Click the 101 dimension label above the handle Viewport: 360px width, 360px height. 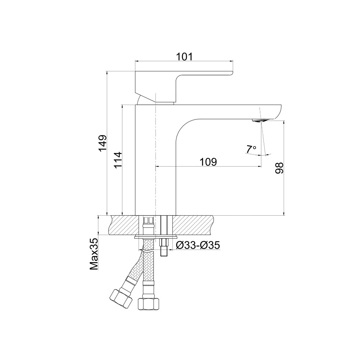click(x=184, y=57)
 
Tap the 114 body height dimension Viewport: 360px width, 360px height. click(x=117, y=160)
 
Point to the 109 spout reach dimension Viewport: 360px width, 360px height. click(x=208, y=162)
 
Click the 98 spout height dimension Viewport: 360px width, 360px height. click(x=279, y=168)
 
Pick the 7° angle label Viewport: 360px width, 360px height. click(x=251, y=149)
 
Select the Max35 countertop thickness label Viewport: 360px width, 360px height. click(x=94, y=255)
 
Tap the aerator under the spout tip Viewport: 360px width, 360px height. click(x=260, y=121)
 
